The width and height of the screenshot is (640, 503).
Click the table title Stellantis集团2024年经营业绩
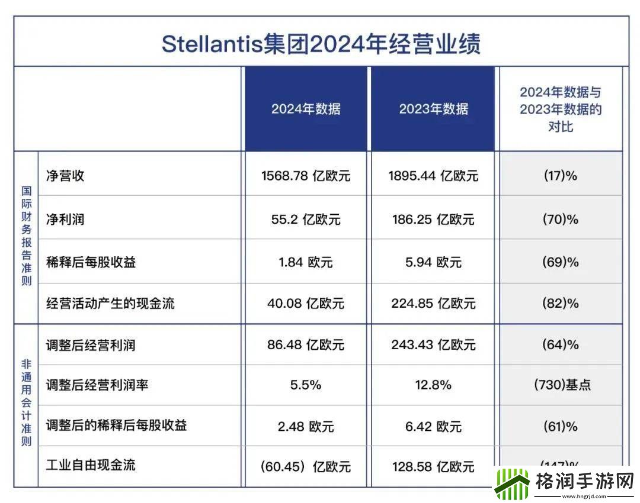pos(321,44)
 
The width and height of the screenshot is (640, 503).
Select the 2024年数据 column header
pos(306,109)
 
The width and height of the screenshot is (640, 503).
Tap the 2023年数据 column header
pos(433,109)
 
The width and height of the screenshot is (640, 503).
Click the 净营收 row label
pos(65,176)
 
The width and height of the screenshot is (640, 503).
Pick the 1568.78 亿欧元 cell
pos(306,176)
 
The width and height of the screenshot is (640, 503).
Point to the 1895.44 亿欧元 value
pos(433,176)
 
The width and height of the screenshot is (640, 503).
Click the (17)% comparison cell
pos(560,176)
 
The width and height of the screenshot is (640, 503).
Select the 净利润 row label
pos(65,220)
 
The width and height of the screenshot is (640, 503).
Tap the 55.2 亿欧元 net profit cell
pos(306,220)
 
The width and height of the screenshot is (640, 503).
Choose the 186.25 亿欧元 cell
pos(433,220)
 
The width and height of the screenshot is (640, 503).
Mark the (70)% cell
pos(560,220)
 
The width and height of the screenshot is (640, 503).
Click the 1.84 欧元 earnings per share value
pos(306,262)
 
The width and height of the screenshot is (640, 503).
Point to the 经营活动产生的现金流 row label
pos(110,304)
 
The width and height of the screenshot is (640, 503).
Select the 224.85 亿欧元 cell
pos(433,304)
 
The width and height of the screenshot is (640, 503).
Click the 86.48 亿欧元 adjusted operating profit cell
pos(306,345)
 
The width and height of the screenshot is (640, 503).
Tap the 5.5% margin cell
pos(306,385)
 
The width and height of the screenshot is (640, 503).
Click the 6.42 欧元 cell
pos(433,426)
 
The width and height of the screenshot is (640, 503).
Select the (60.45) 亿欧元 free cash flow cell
pos(306,466)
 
